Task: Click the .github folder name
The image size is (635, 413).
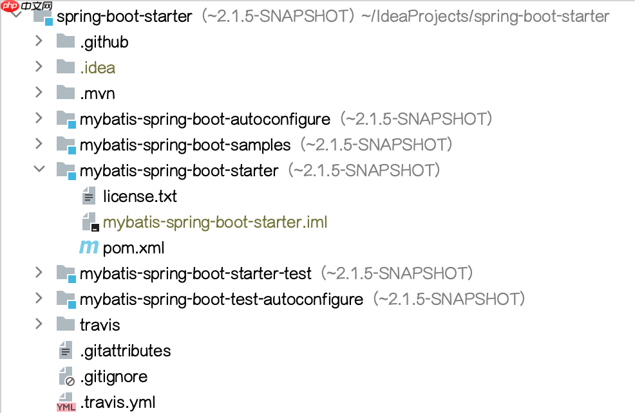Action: click(x=104, y=42)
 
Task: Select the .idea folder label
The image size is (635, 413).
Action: click(x=98, y=68)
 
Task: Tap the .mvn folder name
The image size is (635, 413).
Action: click(x=97, y=94)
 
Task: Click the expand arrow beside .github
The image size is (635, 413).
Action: click(x=39, y=42)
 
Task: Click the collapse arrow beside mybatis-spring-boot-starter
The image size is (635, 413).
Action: click(x=39, y=170)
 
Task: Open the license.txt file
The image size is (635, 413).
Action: click(x=140, y=197)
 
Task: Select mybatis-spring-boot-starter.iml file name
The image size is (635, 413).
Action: click(x=215, y=223)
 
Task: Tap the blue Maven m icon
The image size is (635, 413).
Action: click(x=89, y=248)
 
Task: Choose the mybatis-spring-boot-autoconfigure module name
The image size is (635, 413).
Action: click(x=205, y=120)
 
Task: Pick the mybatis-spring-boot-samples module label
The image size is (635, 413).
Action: click(x=185, y=145)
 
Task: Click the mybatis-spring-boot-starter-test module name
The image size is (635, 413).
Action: click(x=196, y=274)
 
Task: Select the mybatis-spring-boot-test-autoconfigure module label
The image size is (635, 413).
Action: click(x=222, y=300)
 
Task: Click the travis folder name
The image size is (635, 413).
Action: click(x=100, y=326)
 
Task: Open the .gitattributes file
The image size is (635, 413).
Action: click(x=126, y=351)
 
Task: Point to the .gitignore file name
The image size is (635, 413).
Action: click(x=114, y=377)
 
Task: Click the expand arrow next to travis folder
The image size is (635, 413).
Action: click(x=39, y=325)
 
